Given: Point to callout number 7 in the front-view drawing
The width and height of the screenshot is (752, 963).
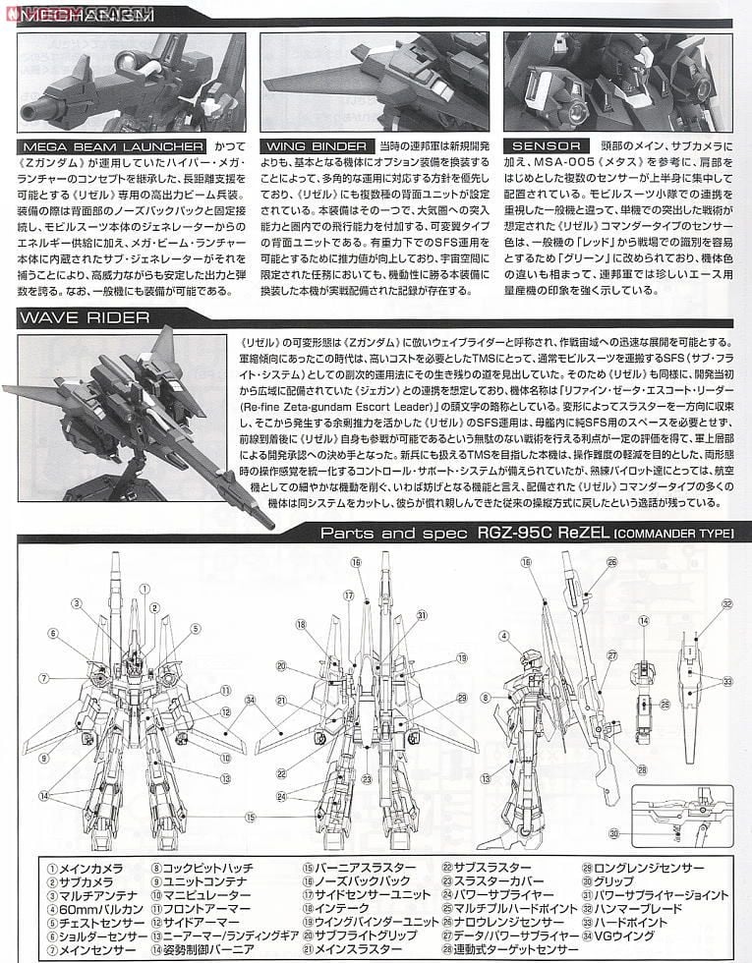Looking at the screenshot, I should (x=43, y=678).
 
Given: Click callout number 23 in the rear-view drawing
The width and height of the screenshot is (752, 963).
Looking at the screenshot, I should (x=366, y=778).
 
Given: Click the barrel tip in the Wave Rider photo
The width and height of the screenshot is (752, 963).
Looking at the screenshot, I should (x=266, y=514).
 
